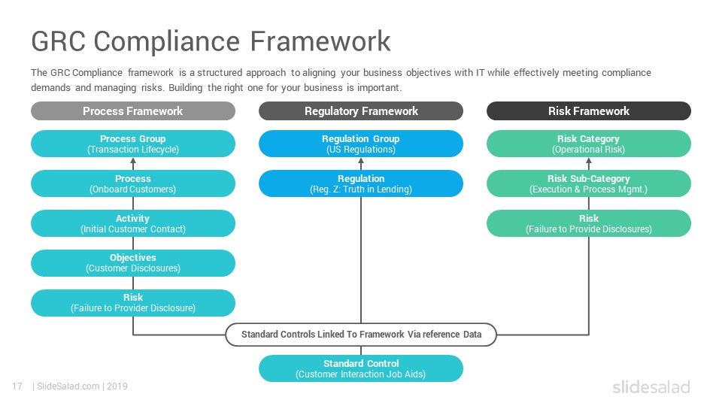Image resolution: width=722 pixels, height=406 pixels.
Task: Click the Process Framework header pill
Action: point(133,111)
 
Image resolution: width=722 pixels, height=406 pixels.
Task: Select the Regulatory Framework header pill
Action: point(361,111)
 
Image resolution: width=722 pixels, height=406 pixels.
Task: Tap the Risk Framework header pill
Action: point(589,111)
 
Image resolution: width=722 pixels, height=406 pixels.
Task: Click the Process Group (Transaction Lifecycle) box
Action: point(133,144)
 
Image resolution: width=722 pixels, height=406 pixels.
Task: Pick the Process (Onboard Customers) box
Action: point(133,183)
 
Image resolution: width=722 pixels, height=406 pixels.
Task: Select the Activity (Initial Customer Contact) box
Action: point(133,223)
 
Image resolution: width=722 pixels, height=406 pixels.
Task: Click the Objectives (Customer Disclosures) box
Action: point(133,263)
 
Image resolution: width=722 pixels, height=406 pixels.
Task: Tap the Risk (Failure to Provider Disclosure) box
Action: point(133,303)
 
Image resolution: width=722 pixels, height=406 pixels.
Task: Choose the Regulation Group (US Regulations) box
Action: point(361,144)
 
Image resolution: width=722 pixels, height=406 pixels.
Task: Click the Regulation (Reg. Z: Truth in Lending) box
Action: point(361,183)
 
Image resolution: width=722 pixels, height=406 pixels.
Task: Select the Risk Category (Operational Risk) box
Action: point(589,144)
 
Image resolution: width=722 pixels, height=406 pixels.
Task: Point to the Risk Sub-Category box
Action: point(589,183)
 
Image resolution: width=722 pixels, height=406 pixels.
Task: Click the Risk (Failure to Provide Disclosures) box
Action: point(589,223)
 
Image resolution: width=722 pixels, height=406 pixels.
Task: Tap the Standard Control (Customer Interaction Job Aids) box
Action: point(361,368)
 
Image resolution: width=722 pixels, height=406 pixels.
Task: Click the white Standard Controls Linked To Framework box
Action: point(361,335)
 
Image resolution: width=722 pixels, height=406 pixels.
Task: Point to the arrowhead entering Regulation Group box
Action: point(361,161)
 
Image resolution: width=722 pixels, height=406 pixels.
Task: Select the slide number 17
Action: point(17,386)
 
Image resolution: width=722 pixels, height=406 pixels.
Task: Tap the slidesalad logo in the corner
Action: point(651,386)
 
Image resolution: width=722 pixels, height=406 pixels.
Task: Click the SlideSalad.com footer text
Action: point(68,386)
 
